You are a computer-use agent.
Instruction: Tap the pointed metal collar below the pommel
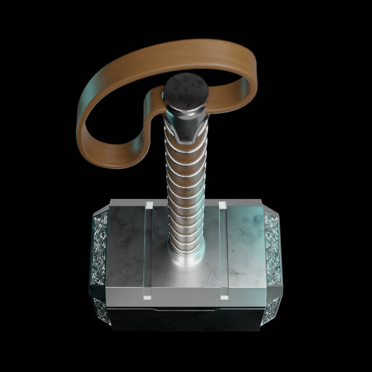[x=186, y=127]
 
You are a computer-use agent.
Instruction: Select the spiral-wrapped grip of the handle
[x=186, y=193]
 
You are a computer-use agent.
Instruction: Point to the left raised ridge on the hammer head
[x=148, y=248]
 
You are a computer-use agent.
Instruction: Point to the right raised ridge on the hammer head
[x=223, y=248]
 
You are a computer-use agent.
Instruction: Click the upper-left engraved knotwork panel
[x=99, y=248]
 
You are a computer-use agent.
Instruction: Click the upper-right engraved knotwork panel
[x=273, y=248]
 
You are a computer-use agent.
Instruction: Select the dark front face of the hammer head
[x=186, y=319]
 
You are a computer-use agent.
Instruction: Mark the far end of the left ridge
[x=149, y=205]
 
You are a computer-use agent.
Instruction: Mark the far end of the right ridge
[x=223, y=205]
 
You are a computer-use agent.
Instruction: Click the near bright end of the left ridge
[x=148, y=294]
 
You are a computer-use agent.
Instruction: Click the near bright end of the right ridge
[x=224, y=294]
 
